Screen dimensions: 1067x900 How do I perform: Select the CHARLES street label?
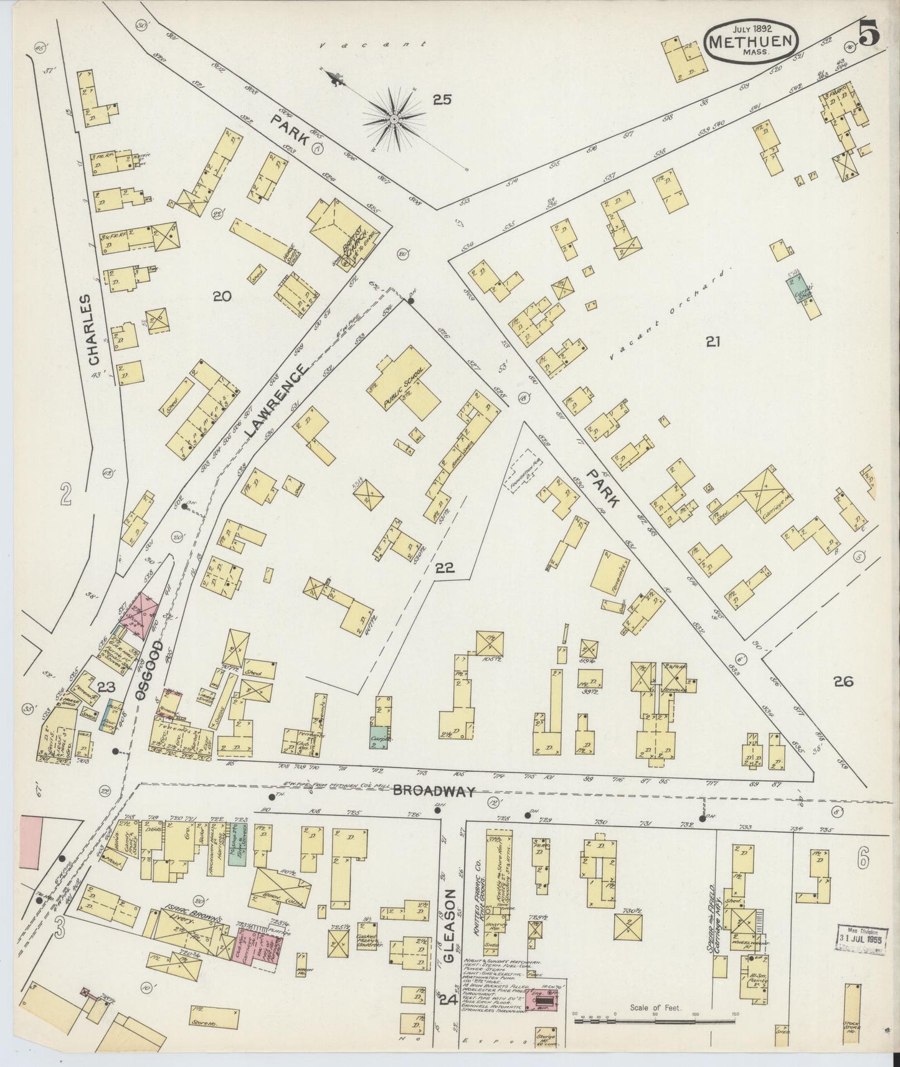(94, 329)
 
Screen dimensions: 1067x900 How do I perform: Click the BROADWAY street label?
(433, 791)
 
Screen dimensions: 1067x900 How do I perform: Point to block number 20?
(222, 297)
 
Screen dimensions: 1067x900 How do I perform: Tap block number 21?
(713, 341)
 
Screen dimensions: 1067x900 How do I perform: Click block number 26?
(844, 682)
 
